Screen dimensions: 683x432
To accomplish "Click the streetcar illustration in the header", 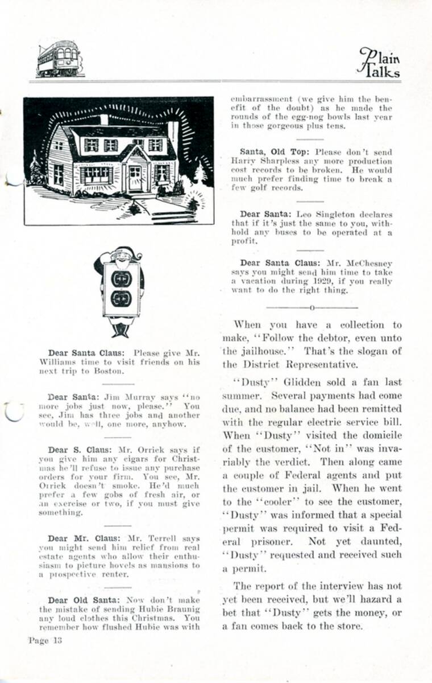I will point(59,58).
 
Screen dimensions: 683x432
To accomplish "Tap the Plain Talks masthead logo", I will point(379,63).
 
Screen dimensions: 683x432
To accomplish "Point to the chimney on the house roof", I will point(104,120).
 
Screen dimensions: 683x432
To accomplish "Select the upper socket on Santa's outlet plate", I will point(121,279).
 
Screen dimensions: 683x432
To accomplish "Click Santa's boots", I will point(121,330).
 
